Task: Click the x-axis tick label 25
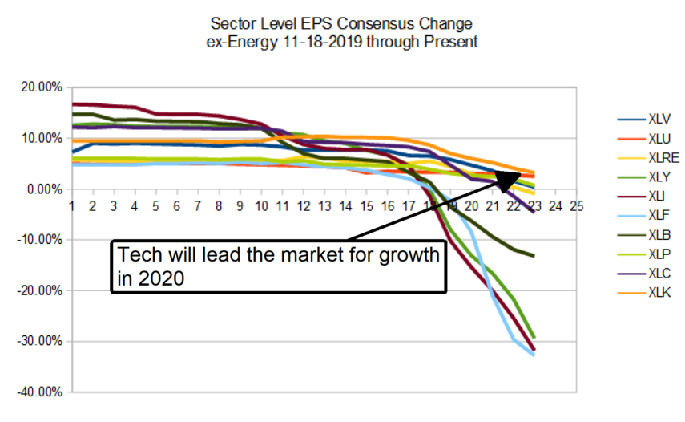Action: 574,206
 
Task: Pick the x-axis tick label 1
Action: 72,206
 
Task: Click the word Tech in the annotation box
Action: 136,257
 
